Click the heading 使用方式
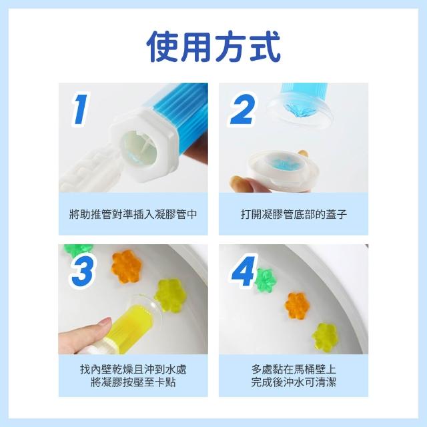(213, 47)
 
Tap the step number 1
(80, 109)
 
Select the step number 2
(243, 109)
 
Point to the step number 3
(83, 270)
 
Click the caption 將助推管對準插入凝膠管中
(133, 214)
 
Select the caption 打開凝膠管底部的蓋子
(294, 214)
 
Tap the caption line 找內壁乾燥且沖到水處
(133, 370)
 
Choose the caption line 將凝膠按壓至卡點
(133, 382)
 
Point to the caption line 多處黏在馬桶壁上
(294, 370)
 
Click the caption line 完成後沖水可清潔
(294, 382)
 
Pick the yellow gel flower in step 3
(170, 296)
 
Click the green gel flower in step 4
(266, 280)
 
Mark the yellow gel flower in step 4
(325, 338)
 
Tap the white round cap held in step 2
(283, 170)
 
